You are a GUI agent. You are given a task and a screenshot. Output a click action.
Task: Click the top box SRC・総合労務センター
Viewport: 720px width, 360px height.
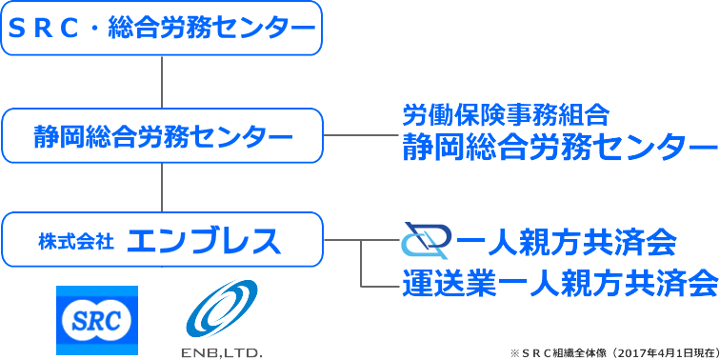click(162, 29)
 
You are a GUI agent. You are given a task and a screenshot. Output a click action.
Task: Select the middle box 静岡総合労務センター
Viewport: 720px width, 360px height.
click(162, 136)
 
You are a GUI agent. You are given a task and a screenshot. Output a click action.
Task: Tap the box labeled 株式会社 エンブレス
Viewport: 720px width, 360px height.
click(162, 241)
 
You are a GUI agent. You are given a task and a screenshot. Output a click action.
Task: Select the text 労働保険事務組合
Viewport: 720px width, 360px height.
click(505, 116)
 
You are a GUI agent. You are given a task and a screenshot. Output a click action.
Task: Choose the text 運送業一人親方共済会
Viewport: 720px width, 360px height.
click(558, 283)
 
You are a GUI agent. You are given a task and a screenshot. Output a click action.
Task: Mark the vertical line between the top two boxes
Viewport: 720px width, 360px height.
click(162, 82)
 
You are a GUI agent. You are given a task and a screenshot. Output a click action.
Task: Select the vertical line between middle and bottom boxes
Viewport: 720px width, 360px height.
click(162, 189)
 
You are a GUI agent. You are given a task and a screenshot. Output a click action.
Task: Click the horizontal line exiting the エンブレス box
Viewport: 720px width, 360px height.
click(343, 241)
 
